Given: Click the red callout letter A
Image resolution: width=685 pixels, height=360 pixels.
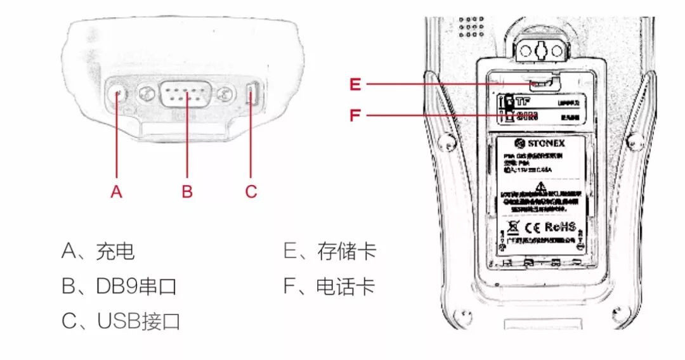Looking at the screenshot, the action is point(116,191).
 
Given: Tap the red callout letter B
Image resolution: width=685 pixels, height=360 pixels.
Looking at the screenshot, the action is point(187,191).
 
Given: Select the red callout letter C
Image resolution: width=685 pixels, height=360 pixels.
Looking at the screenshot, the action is point(251,191).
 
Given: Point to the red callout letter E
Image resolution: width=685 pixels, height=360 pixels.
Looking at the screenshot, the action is point(355,84).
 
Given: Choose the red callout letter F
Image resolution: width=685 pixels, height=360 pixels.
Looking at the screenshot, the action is point(355,115).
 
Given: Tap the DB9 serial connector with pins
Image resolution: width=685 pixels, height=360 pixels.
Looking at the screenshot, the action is point(185,94).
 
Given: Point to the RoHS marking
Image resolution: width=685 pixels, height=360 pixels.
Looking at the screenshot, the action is point(560,227).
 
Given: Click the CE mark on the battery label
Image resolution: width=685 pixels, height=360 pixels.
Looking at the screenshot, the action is point(532,227).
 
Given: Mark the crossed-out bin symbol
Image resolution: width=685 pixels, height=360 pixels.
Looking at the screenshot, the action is point(514,227).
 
